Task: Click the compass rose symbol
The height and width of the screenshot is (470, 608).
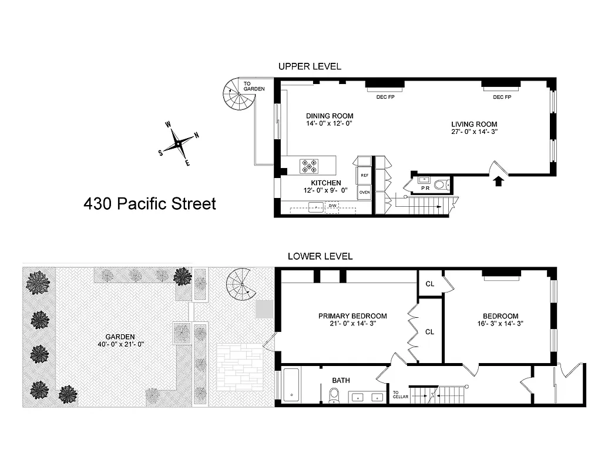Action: pyautogui.click(x=177, y=142)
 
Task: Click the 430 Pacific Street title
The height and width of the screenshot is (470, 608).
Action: pyautogui.click(x=150, y=204)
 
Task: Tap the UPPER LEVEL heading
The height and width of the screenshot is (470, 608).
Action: pyautogui.click(x=310, y=66)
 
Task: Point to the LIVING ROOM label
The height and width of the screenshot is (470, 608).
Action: pyautogui.click(x=474, y=124)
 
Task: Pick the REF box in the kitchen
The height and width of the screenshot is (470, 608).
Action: pyautogui.click(x=364, y=175)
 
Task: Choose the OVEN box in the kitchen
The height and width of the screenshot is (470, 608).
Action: pyautogui.click(x=364, y=192)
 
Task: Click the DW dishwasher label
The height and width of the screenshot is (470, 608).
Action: pyautogui.click(x=332, y=206)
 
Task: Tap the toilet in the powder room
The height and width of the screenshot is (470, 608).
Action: pyautogui.click(x=439, y=185)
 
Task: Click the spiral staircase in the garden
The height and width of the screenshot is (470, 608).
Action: pyautogui.click(x=241, y=283)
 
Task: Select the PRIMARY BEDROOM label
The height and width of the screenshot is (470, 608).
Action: pyautogui.click(x=352, y=316)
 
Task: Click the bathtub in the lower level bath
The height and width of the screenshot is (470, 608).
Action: pyautogui.click(x=293, y=385)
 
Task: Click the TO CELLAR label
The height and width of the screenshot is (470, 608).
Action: pyautogui.click(x=400, y=395)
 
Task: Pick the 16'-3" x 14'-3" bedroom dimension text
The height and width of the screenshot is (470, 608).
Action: pyautogui.click(x=500, y=323)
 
